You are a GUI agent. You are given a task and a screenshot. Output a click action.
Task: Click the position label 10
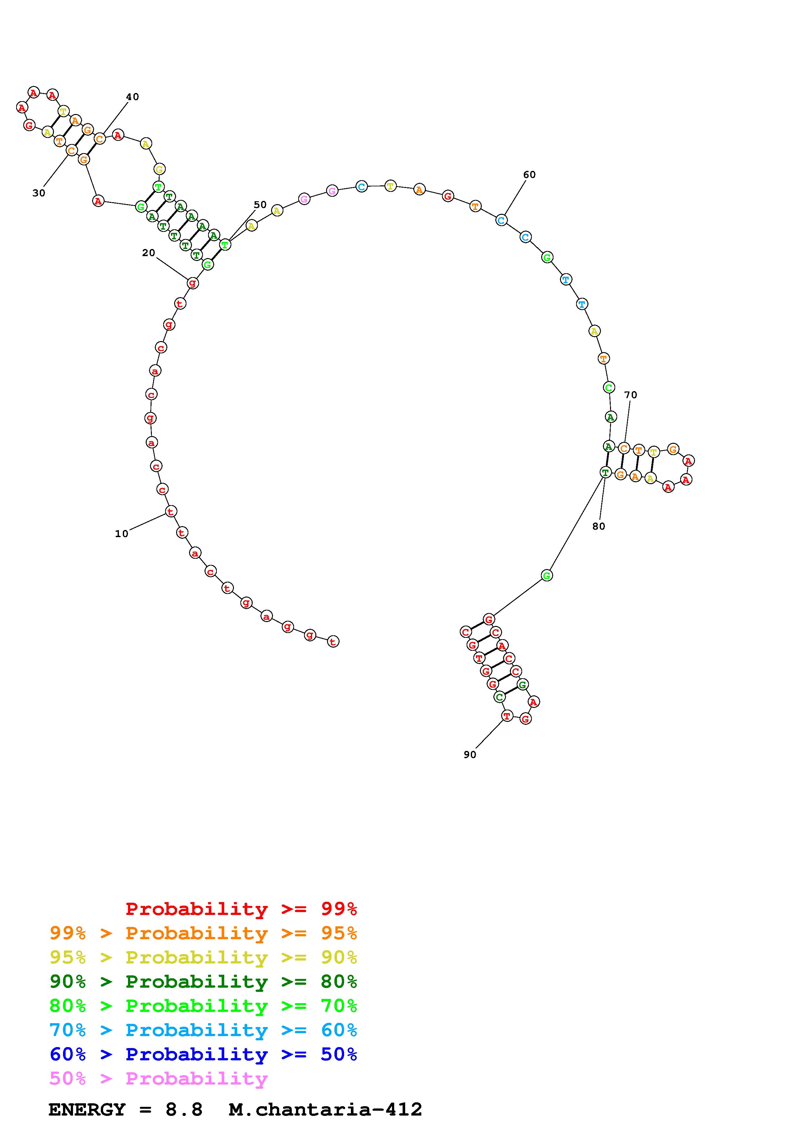[121, 534]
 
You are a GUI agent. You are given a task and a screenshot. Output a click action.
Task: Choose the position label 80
[599, 526]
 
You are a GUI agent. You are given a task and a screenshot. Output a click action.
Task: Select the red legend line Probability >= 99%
[241, 909]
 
